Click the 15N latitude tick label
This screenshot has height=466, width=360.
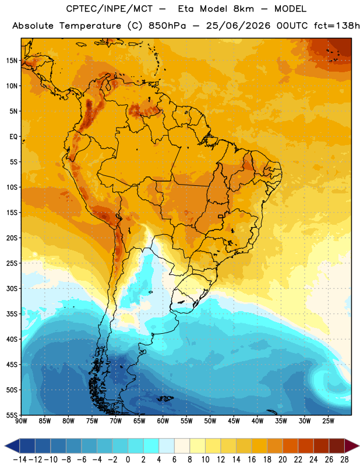point(12,61)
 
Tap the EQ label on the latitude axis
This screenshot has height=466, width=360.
point(13,137)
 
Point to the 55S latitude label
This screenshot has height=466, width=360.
point(12,415)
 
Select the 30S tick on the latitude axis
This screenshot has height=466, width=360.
point(12,288)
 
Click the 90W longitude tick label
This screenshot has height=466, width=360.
point(21,421)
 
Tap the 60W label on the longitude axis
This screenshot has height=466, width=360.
point(163,421)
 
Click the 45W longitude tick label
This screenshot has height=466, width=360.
point(234,421)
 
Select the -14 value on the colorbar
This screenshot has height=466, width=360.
point(20,460)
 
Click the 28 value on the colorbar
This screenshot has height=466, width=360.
point(344,460)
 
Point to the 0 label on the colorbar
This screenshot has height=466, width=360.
point(128,460)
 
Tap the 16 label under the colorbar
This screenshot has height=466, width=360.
point(252,460)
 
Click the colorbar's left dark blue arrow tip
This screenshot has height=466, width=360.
point(5,446)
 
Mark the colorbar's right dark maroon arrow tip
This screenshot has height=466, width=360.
point(359,446)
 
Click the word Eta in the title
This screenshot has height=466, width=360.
point(186,9)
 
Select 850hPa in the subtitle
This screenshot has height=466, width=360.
point(167,26)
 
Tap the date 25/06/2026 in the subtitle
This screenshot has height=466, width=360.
point(238,26)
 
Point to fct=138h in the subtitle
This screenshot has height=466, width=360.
point(337,26)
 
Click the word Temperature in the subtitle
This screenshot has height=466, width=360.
point(90,26)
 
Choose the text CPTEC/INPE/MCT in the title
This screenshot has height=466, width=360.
point(109,9)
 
